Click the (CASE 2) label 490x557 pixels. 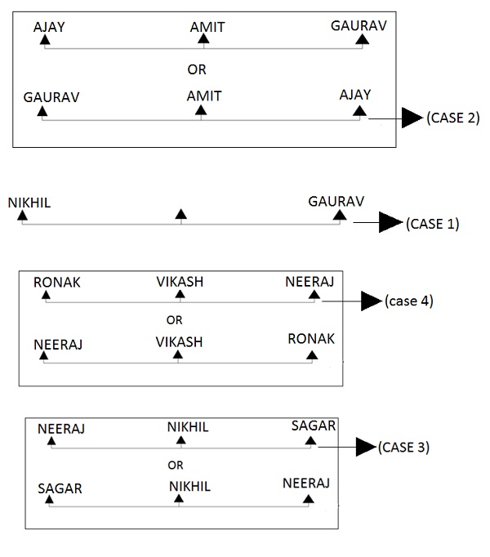coord(452,118)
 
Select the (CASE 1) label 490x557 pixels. coord(432,223)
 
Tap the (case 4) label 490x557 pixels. coord(408,301)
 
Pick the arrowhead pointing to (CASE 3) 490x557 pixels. coord(364,447)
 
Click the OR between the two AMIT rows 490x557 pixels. coord(197,69)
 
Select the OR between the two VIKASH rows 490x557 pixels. coord(174,319)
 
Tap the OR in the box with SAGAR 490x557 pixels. coord(175,466)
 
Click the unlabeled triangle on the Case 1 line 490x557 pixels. coord(181,215)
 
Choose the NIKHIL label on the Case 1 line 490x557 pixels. coord(29,202)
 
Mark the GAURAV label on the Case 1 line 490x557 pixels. coord(336,201)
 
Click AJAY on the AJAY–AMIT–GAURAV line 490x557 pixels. coord(49,27)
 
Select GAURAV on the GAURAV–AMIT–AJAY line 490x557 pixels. coord(52,96)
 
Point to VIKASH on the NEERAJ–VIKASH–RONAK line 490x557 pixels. coord(179,341)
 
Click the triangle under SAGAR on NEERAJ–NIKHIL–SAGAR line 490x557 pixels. coord(310,441)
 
